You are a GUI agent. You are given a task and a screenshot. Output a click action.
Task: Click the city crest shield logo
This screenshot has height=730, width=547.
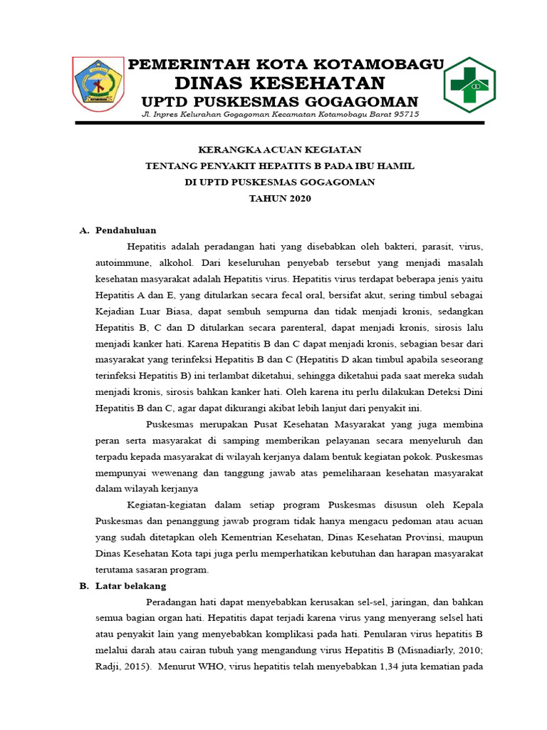pyautogui.click(x=99, y=84)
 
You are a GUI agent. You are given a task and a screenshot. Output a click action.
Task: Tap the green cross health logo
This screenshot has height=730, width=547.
pyautogui.click(x=469, y=85)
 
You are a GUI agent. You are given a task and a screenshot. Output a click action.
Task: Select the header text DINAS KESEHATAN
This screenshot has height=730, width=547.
pyautogui.click(x=280, y=83)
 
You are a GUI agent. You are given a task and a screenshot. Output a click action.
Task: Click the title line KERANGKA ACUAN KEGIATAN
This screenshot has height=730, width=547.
pyautogui.click(x=279, y=150)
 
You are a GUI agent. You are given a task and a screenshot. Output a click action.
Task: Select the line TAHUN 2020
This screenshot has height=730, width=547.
pyautogui.click(x=279, y=198)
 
